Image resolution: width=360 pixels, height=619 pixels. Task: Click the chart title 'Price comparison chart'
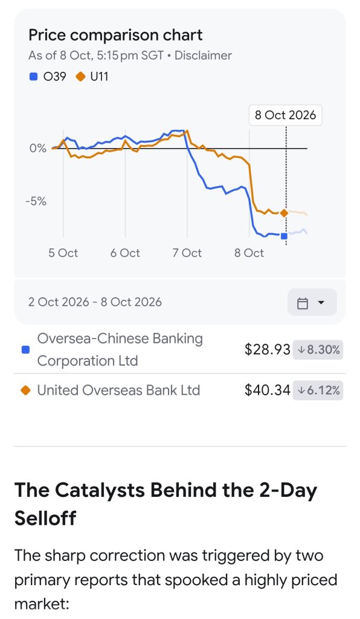(115, 35)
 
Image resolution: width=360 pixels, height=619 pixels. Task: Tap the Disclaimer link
(203, 55)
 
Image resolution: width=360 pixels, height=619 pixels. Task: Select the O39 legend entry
(48, 76)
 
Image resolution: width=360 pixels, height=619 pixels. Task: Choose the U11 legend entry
(92, 76)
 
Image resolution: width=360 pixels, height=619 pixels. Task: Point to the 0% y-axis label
(38, 149)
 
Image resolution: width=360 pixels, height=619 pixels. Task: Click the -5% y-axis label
(36, 201)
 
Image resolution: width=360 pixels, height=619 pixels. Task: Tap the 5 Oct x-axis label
(63, 253)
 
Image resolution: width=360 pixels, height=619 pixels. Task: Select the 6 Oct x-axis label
(125, 253)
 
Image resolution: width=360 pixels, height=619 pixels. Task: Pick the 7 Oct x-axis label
(187, 253)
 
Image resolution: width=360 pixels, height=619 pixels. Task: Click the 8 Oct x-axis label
(249, 253)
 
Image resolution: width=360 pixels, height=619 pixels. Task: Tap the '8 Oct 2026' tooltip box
(286, 115)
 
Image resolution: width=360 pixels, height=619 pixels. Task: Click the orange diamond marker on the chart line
(284, 213)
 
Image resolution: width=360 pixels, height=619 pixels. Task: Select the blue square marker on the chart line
(284, 236)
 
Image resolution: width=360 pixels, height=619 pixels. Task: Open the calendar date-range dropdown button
(312, 302)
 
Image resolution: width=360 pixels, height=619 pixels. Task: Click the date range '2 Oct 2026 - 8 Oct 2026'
(95, 302)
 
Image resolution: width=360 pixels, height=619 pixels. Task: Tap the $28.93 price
(268, 349)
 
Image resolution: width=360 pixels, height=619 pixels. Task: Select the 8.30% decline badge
(318, 350)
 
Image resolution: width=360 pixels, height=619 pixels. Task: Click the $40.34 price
(268, 390)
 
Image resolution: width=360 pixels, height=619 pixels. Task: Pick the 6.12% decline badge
(318, 391)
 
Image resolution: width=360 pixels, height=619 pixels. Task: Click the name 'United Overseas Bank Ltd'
(118, 390)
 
